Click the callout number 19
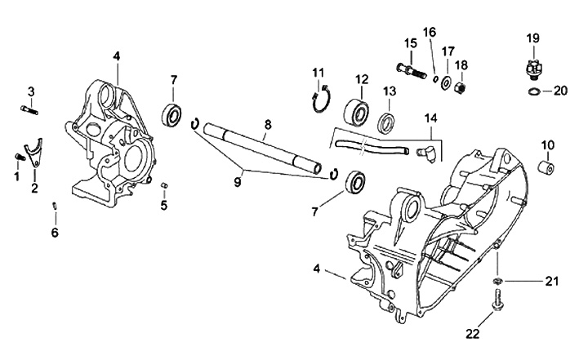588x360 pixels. [532, 38]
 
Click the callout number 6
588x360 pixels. [55, 233]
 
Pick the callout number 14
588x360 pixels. [430, 119]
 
